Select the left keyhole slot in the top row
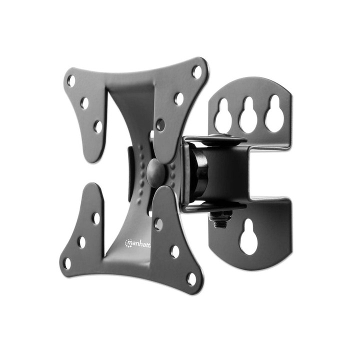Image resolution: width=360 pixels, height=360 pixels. (223, 115)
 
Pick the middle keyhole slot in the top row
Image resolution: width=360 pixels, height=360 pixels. (248, 114)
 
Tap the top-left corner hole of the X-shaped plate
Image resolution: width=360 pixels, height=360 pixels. (71, 80)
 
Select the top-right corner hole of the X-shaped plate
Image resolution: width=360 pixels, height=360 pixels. (197, 72)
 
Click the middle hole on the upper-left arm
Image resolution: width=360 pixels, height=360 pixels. (84, 103)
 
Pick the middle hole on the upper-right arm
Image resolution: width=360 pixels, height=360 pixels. (179, 98)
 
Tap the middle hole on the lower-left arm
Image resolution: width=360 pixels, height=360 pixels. (81, 241)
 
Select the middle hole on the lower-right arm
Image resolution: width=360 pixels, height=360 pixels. (174, 251)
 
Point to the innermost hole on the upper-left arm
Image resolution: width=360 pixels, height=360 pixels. (98, 126)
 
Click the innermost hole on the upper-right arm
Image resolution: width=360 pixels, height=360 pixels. (160, 124)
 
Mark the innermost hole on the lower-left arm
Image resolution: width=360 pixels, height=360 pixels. (95, 218)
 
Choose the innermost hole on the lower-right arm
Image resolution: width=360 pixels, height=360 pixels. (158, 224)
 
